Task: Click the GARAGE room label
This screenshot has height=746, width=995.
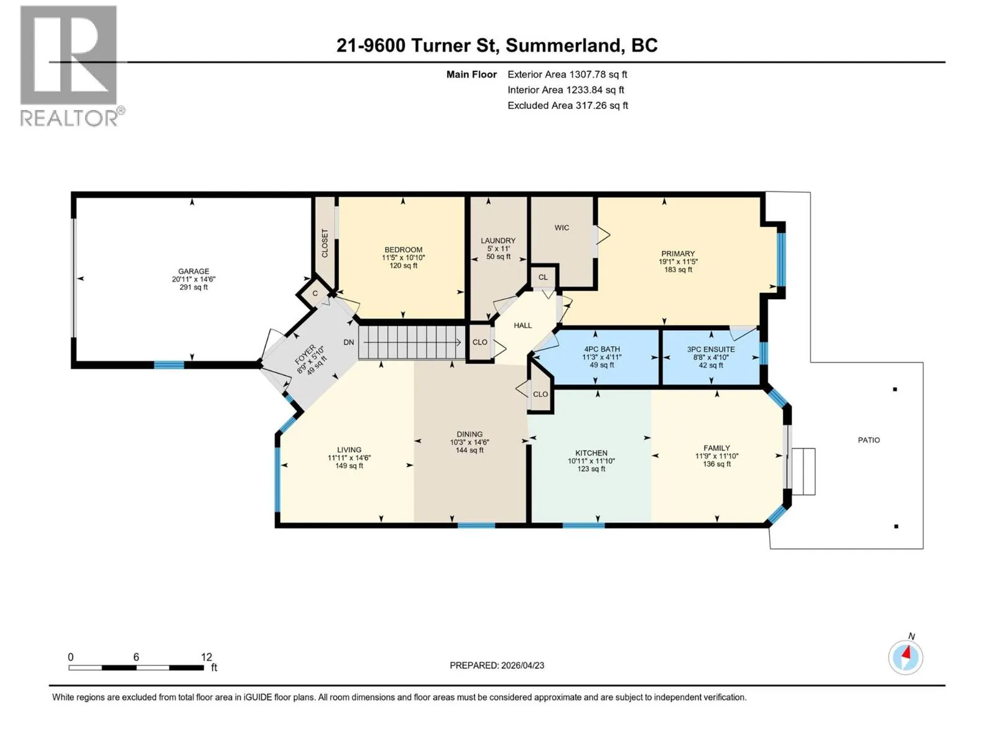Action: click(x=193, y=271)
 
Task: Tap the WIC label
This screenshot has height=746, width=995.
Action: click(x=562, y=228)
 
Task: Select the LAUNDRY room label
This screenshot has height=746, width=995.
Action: click(x=498, y=241)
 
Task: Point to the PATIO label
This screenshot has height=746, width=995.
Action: click(x=869, y=440)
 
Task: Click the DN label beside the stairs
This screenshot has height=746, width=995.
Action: click(x=349, y=343)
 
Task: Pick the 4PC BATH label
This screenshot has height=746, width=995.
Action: click(x=602, y=349)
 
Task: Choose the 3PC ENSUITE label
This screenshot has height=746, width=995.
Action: click(x=711, y=349)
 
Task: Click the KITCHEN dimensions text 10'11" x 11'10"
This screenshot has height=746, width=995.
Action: click(x=591, y=461)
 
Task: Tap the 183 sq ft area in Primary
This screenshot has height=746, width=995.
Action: click(x=678, y=270)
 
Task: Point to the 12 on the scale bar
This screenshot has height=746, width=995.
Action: click(x=206, y=657)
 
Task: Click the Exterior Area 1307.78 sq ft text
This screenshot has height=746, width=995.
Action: click(x=568, y=74)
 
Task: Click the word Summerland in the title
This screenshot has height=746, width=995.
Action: click(x=563, y=45)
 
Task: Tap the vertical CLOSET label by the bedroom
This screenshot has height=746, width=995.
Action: click(x=325, y=243)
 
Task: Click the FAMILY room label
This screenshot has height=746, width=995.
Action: click(x=716, y=448)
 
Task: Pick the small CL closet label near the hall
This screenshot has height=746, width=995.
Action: click(x=543, y=277)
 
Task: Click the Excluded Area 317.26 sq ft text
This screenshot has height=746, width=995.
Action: click(x=568, y=106)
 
